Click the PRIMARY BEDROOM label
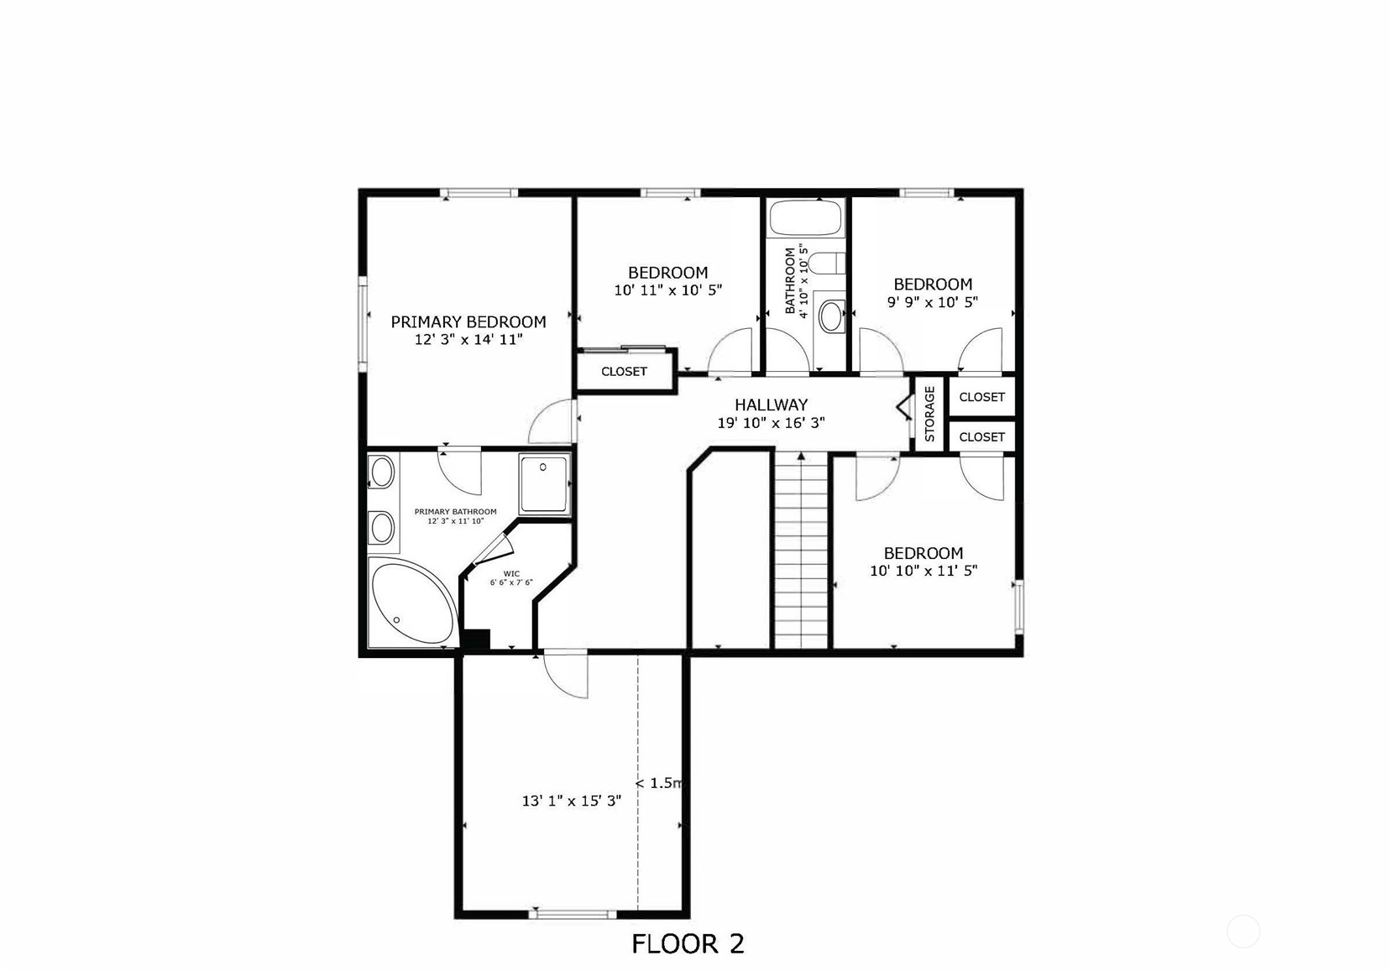click(468, 321)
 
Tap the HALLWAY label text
click(772, 405)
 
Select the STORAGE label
click(929, 414)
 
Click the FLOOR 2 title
click(688, 944)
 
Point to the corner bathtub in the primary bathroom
click(412, 602)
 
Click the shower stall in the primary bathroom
click(544, 484)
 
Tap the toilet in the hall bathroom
click(827, 264)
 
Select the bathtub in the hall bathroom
click(806, 217)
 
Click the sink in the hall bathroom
click(831, 316)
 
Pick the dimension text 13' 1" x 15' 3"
click(571, 801)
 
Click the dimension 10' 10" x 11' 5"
click(924, 571)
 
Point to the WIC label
click(511, 573)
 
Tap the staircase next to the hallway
click(802, 551)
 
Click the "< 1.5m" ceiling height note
click(659, 783)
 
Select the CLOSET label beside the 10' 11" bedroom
click(624, 372)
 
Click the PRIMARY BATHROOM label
click(456, 511)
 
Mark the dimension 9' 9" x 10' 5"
click(932, 302)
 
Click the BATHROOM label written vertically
click(791, 280)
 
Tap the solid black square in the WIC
click(477, 640)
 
